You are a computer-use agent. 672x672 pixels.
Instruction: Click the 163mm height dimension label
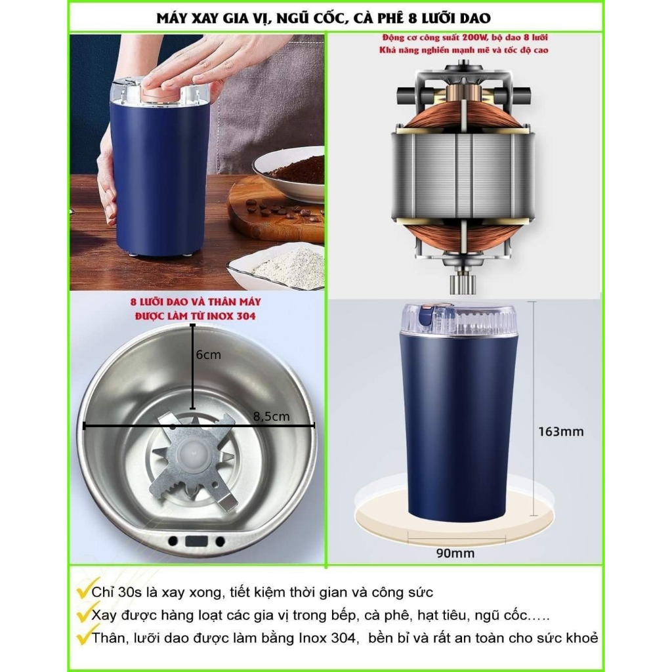click(x=560, y=431)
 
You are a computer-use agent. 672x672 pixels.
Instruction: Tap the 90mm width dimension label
click(x=455, y=553)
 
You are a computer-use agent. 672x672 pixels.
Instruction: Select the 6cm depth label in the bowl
click(x=208, y=355)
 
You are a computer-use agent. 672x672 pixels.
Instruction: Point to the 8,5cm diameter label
click(x=271, y=416)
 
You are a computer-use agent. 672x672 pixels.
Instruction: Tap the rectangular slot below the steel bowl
click(x=196, y=541)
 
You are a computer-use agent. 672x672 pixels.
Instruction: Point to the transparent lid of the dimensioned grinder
click(x=459, y=320)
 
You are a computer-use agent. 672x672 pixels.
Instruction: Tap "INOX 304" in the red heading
click(x=232, y=316)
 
